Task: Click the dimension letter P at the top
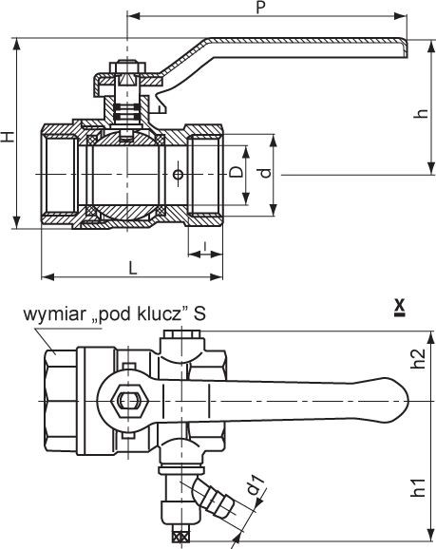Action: click(260, 8)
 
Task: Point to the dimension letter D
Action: click(237, 172)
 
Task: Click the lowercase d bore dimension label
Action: click(266, 173)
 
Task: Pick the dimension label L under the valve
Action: click(132, 268)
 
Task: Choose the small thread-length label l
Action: click(205, 246)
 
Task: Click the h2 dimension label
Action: click(419, 358)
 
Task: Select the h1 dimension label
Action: click(419, 487)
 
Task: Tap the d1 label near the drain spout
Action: click(256, 484)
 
